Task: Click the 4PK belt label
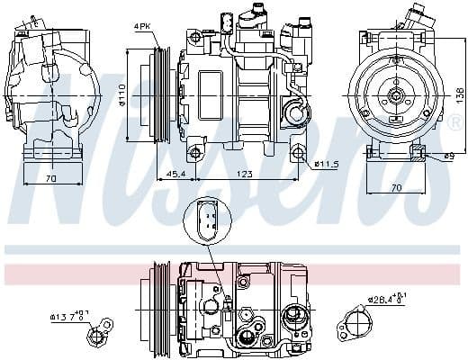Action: tap(142, 27)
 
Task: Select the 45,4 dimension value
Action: tap(176, 173)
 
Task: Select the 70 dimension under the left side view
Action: tap(51, 179)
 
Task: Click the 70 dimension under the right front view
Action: tap(397, 189)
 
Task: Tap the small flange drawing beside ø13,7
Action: tap(97, 336)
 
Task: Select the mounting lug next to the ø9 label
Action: tap(418, 154)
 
